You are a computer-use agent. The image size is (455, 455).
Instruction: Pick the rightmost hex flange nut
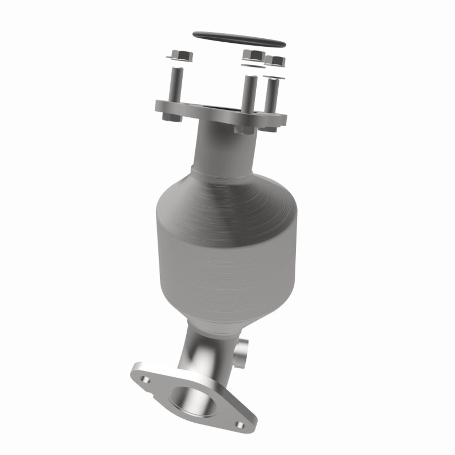click(x=275, y=61)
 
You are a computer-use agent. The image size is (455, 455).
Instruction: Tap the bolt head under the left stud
click(x=172, y=117)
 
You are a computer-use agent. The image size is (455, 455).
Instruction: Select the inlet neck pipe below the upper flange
click(x=224, y=146)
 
